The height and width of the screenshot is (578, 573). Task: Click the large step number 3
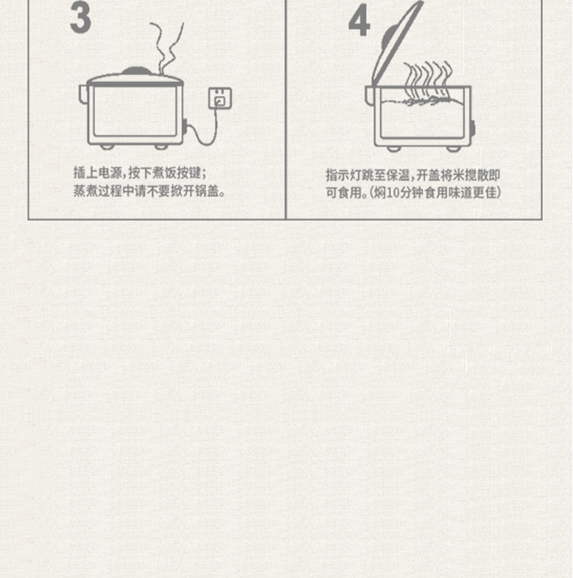coord(80,17)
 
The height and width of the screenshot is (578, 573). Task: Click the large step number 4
coord(359,20)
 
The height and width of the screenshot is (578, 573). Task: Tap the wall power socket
coord(220,98)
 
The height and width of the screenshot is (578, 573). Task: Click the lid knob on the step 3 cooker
coord(136,71)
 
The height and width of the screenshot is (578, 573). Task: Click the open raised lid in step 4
coord(395,43)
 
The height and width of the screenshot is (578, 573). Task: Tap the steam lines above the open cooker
coord(427,80)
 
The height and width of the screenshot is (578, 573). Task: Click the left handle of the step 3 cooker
coord(83,94)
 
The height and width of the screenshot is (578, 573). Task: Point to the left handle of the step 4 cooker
coord(370,96)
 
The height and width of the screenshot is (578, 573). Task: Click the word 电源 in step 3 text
coord(110,173)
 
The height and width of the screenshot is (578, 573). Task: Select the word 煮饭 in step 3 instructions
coord(165,173)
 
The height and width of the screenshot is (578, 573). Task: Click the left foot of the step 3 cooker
coord(107,146)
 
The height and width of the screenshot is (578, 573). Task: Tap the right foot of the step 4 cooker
coord(453,149)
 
